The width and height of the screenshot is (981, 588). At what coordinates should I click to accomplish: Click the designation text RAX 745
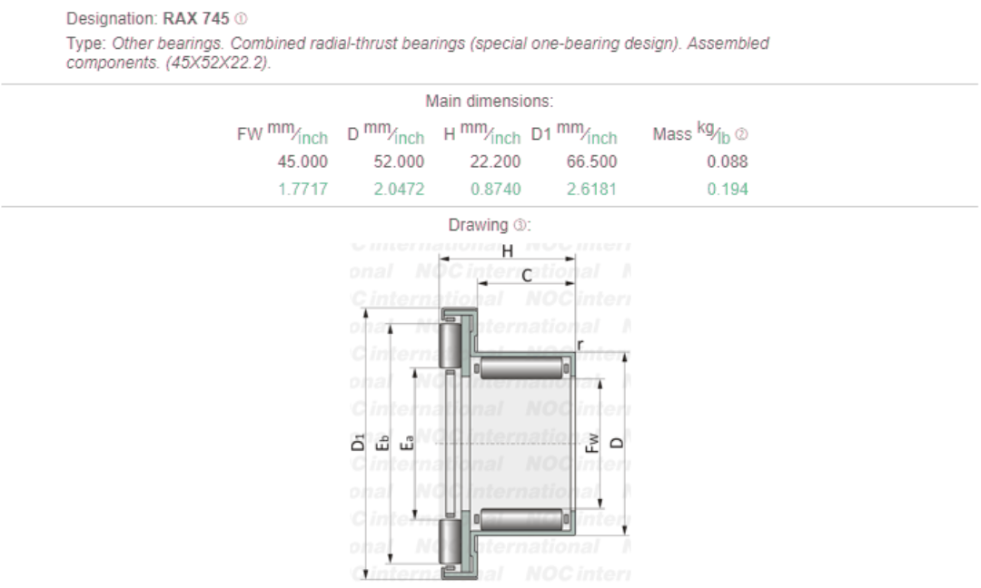195,18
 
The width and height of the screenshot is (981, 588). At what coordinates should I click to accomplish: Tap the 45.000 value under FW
302,162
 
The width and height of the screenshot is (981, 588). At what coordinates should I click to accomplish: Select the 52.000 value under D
399,162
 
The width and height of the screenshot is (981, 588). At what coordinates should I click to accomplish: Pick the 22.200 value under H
495,162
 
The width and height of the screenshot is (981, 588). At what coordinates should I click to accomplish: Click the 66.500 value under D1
591,162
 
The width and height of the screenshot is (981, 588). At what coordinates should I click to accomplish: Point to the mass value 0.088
727,162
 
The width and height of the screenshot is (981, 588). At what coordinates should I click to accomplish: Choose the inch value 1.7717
304,190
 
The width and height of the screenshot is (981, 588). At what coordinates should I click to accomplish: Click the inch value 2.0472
400,190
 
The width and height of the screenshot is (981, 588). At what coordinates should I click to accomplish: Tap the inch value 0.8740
496,190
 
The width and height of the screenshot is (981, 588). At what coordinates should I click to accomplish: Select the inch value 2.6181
592,190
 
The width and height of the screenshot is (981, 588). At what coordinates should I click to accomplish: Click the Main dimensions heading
489,101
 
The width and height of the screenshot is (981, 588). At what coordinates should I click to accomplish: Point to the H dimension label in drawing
508,251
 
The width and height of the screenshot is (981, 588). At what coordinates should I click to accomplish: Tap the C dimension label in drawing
527,276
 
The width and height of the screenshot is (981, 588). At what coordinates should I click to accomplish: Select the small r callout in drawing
580,343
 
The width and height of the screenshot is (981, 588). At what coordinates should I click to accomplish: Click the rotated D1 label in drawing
360,444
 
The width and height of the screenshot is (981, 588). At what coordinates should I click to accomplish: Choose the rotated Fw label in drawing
591,443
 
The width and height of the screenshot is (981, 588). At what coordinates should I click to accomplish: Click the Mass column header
672,134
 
